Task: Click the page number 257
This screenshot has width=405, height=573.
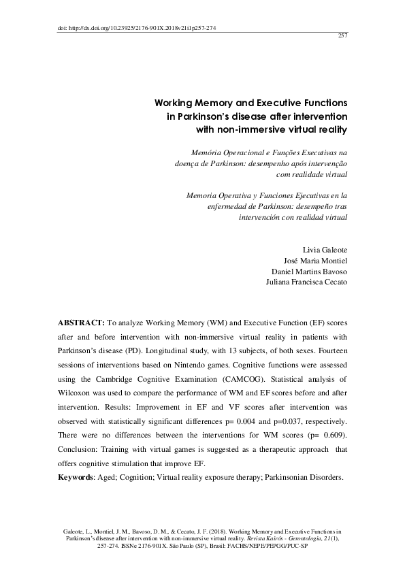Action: [342, 35]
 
